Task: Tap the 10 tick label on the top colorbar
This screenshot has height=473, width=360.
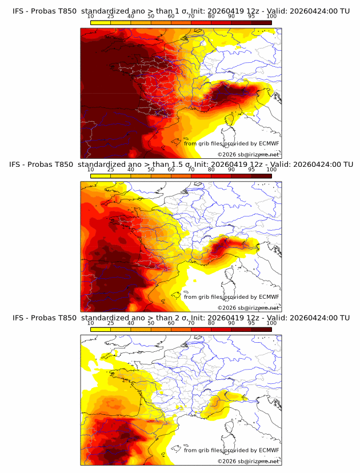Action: pyautogui.click(x=90, y=16)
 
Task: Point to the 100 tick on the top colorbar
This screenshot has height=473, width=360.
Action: pyautogui.click(x=271, y=16)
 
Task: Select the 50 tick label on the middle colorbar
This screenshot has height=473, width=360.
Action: pyautogui.click(x=151, y=170)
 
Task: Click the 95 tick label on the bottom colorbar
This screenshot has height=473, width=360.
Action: pyautogui.click(x=251, y=323)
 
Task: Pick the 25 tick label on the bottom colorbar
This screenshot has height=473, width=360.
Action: pyautogui.click(x=110, y=323)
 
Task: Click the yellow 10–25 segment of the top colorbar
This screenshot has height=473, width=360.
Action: pyautogui.click(x=101, y=22)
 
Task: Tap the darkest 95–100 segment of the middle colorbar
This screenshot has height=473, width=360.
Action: pyautogui.click(x=262, y=176)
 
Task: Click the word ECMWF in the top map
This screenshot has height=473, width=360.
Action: pyautogui.click(x=269, y=143)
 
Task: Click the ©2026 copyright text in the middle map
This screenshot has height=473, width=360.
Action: pyautogui.click(x=248, y=307)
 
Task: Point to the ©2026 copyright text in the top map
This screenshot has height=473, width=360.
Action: pyautogui.click(x=248, y=154)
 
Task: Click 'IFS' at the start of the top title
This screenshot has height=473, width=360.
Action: pyautogui.click(x=18, y=10)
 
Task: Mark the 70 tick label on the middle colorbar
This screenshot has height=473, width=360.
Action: pyautogui.click(x=191, y=170)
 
